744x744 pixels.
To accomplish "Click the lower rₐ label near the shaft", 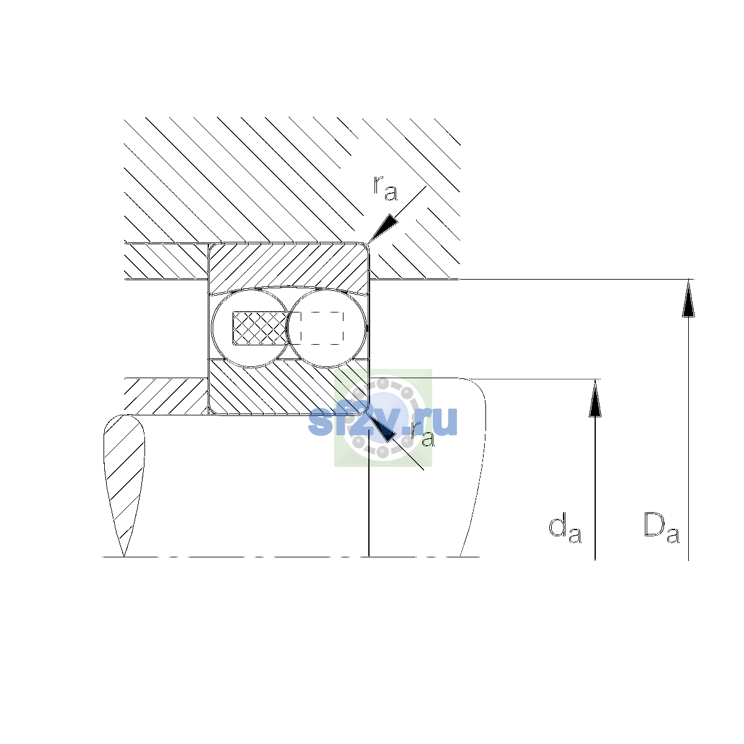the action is (422, 435).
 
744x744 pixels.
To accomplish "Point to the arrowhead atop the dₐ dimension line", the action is (595, 397).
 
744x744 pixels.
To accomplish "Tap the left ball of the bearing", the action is (250, 328).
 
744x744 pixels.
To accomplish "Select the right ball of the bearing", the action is (327, 328).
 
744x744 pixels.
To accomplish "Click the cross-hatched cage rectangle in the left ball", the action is (260, 328).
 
